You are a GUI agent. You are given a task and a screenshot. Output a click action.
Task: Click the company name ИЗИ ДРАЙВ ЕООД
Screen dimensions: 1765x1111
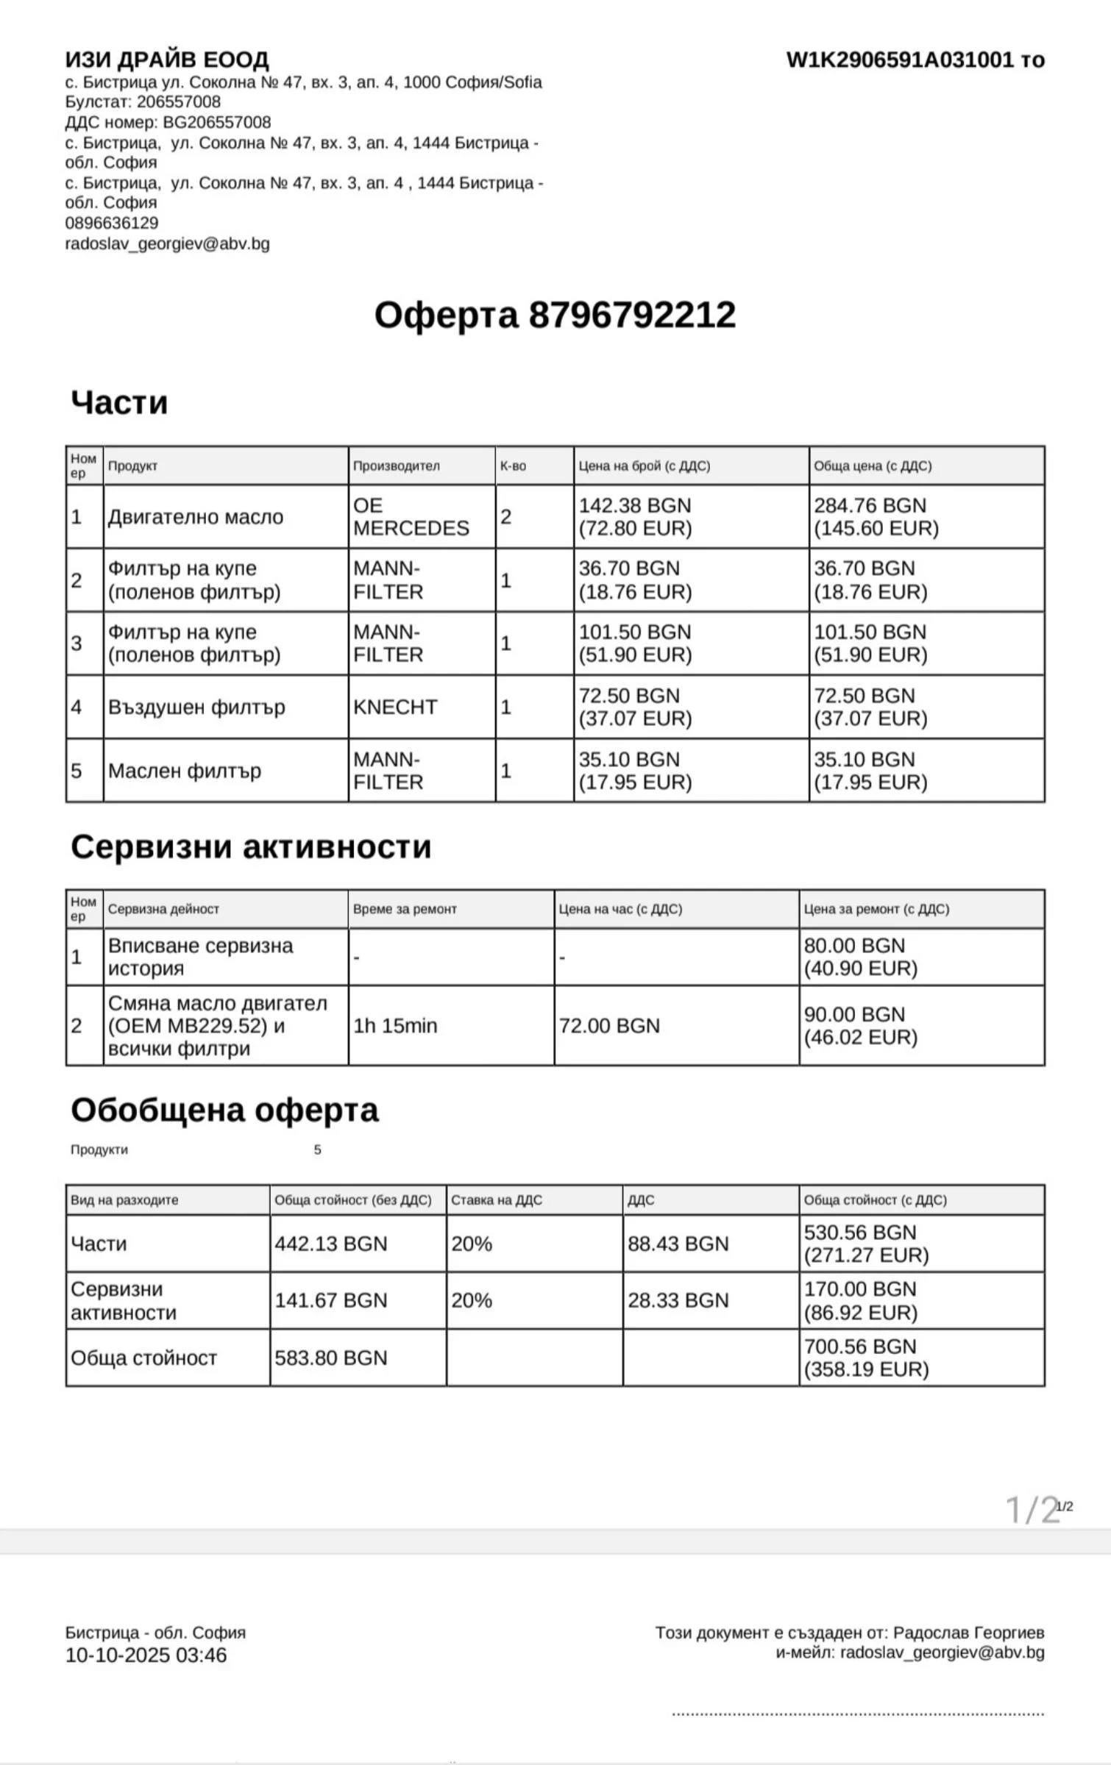point(167,59)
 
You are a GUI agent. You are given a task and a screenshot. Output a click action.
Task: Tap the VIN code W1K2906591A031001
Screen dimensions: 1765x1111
point(900,60)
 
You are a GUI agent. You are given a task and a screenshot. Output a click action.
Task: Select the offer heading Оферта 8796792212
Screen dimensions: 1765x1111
point(555,315)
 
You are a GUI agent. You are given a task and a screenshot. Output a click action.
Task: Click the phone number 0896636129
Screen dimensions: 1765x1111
point(112,223)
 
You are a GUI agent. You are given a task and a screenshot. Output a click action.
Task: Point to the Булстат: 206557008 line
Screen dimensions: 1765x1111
point(143,101)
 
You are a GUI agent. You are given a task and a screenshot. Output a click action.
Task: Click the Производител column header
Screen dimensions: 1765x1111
point(396,466)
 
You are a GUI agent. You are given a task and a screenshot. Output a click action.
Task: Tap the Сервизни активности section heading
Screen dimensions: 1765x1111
point(251,846)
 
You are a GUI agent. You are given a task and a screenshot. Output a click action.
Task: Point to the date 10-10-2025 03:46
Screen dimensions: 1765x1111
point(146,1655)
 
